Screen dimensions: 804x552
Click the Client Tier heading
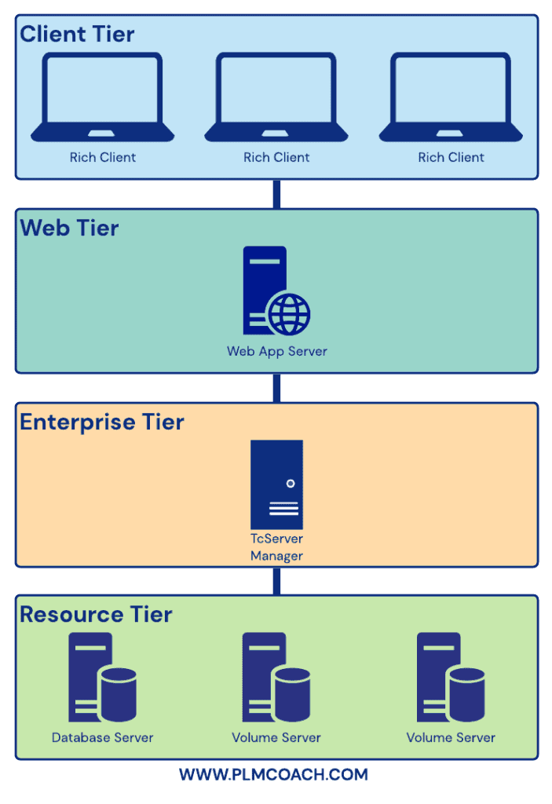(77, 35)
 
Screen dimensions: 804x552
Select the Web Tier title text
(69, 228)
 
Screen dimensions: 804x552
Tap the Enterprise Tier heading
(102, 422)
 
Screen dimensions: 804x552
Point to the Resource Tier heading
(96, 614)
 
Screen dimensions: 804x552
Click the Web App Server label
(276, 351)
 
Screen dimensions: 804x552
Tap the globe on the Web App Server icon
(289, 314)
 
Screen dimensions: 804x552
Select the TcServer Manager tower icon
(276, 484)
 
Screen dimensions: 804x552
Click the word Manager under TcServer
(276, 556)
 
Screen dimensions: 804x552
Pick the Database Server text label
(102, 737)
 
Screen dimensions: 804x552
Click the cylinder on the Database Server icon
(119, 696)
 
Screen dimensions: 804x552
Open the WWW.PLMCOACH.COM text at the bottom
(273, 775)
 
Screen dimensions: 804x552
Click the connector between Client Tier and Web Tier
(276, 194)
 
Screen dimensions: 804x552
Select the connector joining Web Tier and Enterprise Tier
(276, 388)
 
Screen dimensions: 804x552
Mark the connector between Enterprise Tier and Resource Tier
(276, 581)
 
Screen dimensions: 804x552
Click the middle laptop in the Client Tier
(276, 97)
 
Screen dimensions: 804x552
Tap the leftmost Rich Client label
(102, 157)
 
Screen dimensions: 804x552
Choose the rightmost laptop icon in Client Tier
(451, 97)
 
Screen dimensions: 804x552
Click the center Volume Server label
(276, 737)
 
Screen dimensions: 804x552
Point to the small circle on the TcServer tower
(291, 483)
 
